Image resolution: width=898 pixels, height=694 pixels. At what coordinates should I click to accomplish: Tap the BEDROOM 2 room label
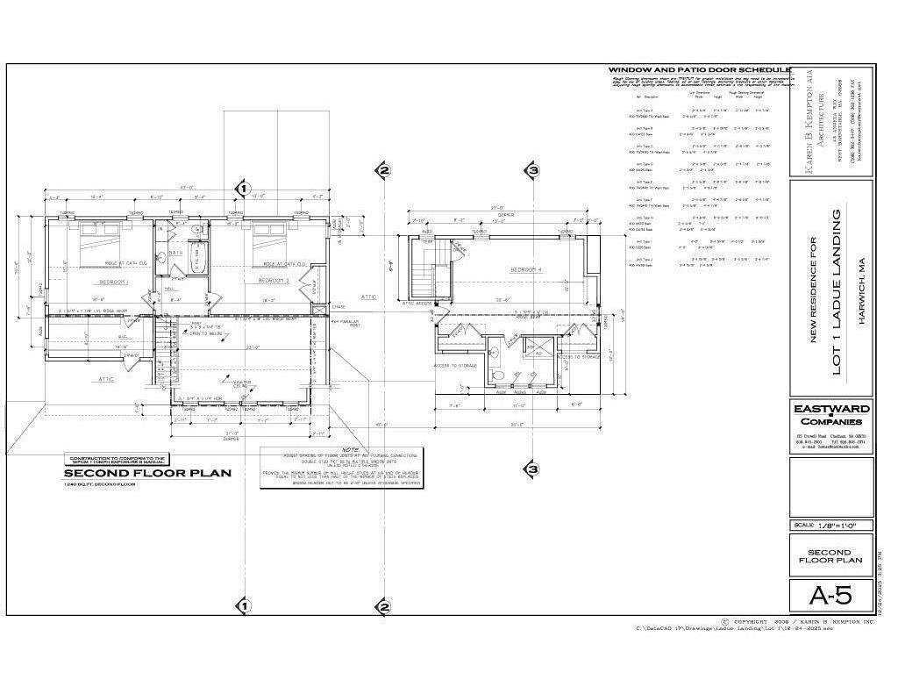click(273, 280)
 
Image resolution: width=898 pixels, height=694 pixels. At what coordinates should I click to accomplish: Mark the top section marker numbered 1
click(244, 188)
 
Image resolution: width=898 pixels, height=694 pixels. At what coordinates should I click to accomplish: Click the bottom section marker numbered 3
click(531, 470)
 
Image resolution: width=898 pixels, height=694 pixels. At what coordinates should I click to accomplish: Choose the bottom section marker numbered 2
click(383, 606)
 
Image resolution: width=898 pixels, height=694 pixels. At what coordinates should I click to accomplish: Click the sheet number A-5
click(830, 597)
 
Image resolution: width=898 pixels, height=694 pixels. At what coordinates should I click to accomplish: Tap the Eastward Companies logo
click(830, 414)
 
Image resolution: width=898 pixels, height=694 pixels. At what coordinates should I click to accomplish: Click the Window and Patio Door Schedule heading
click(699, 69)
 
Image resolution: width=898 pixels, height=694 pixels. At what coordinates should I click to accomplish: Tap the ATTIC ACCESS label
click(418, 303)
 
